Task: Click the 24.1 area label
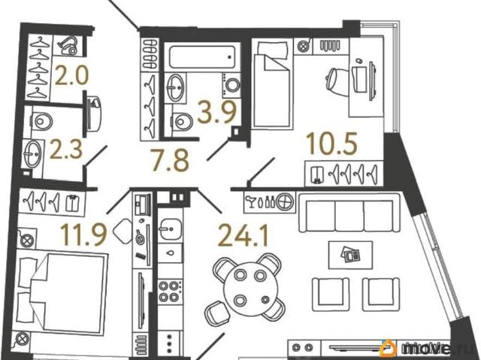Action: coord(243,235)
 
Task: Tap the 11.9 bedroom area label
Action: coord(83,234)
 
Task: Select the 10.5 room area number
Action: coord(332,144)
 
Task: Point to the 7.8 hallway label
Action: coord(170,159)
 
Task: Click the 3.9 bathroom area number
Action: coord(217,112)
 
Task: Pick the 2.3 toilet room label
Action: coord(66,150)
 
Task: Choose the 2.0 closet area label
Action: coord(72,75)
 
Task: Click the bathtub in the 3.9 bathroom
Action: coord(202,57)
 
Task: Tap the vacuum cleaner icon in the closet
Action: coord(68,45)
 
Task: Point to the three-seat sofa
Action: coord(349,212)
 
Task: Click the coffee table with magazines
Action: coord(350,255)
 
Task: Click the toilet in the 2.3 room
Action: coord(42,121)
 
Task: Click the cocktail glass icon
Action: coord(252,201)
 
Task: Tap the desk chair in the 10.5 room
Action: coord(337,79)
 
